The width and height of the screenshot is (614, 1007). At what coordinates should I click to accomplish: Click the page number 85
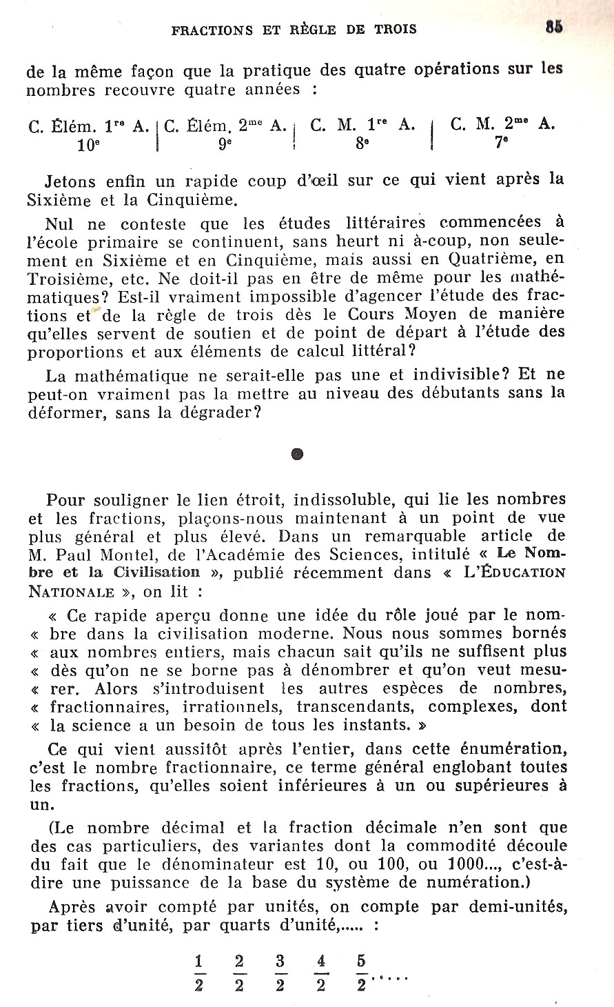point(553,27)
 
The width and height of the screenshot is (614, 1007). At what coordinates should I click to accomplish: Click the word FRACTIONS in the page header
point(212,30)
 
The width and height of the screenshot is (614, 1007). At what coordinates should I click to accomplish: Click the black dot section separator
point(296,454)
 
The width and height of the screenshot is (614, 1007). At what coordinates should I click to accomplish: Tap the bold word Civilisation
point(156,572)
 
